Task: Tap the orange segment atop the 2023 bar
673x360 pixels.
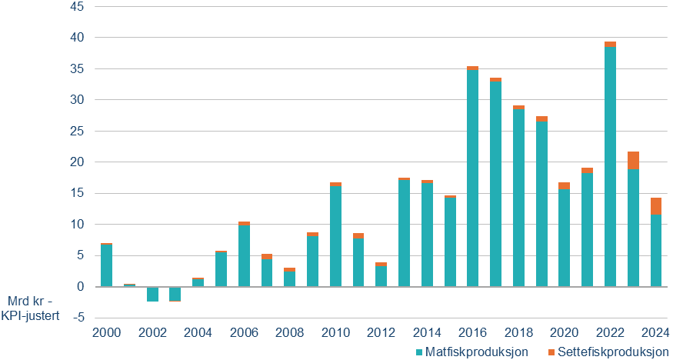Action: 633,160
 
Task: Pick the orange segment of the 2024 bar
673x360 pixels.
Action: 656,206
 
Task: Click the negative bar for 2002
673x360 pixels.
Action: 152,294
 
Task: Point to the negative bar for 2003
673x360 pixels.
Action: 175,294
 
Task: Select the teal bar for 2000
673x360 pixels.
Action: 106,265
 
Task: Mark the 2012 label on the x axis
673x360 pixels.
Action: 381,332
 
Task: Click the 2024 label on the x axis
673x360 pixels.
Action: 655,332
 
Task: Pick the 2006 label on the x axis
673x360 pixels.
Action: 244,332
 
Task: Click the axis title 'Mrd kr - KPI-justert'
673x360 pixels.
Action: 32,307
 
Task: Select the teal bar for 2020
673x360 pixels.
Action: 565,238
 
